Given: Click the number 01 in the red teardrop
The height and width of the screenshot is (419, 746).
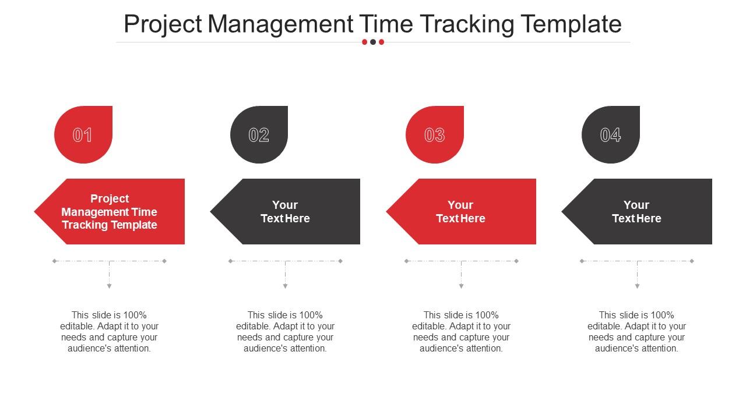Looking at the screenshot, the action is tap(82, 135).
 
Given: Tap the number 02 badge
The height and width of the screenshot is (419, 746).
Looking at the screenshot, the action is tap(259, 134).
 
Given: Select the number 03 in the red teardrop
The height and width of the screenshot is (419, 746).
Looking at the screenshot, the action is tap(434, 135).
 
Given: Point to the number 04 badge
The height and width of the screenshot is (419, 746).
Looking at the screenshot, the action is tap(610, 134).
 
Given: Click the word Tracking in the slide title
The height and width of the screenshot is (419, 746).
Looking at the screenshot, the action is tap(467, 24).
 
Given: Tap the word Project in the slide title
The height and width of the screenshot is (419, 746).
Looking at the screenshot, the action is tap(163, 24).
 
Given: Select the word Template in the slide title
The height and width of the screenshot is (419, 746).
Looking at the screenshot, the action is tap(571, 24).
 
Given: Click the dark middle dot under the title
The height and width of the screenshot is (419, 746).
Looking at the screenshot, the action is tap(373, 42).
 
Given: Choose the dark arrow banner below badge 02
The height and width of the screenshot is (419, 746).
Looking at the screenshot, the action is tap(285, 211).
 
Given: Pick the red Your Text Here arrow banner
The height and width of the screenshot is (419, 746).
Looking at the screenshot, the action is tap(461, 211).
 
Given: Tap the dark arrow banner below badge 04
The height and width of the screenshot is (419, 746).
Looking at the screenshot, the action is tap(637, 211).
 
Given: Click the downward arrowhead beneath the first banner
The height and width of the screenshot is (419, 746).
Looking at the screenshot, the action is tap(109, 286).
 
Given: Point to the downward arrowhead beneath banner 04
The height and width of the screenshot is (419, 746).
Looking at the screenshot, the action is tap(637, 286).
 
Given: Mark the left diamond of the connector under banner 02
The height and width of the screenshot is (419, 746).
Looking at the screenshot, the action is tap(230, 261).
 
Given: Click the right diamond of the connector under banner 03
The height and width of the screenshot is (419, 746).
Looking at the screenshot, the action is tap(516, 261).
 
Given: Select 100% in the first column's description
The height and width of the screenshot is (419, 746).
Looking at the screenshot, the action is tap(135, 315).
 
